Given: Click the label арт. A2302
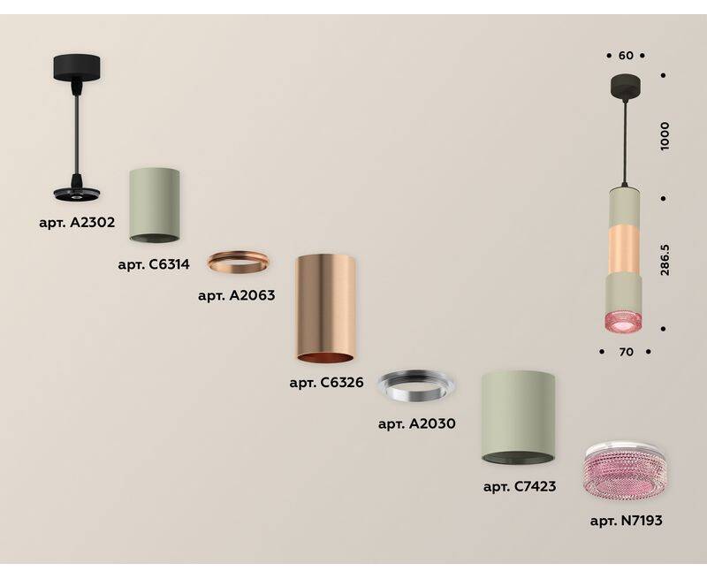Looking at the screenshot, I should pyautogui.click(x=78, y=223).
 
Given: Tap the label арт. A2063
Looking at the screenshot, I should pyautogui.click(x=236, y=296).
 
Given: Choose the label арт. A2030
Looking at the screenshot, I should pyautogui.click(x=416, y=423).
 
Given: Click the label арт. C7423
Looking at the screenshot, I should pyautogui.click(x=519, y=486).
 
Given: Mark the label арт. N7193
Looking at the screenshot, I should pyautogui.click(x=626, y=521).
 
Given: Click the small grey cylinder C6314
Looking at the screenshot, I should pyautogui.click(x=155, y=202).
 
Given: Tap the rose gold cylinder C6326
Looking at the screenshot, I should pyautogui.click(x=325, y=308).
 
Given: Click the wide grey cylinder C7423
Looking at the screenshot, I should pyautogui.click(x=519, y=417).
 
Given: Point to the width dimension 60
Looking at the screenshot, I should pyautogui.click(x=626, y=56).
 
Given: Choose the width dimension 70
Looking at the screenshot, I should pyautogui.click(x=626, y=352).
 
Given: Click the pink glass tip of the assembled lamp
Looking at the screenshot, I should pyautogui.click(x=627, y=321).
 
